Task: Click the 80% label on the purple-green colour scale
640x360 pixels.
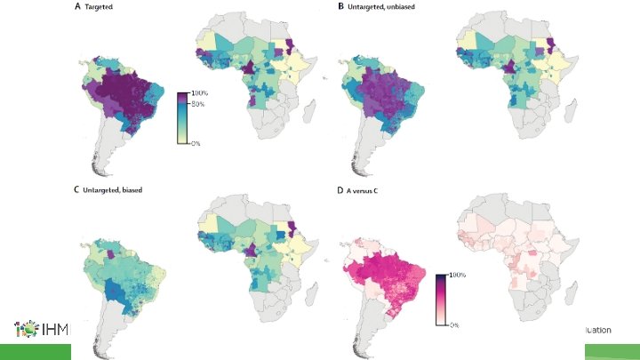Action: pyautogui.click(x=197, y=105)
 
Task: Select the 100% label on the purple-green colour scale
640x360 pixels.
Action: pyautogui.click(x=199, y=93)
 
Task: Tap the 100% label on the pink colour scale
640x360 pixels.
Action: pyautogui.click(x=456, y=276)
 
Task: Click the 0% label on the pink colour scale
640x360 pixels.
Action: pyautogui.click(x=452, y=325)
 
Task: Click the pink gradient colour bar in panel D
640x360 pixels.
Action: pyautogui.click(x=440, y=300)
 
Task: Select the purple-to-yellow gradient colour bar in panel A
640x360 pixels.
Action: pyautogui.click(x=182, y=117)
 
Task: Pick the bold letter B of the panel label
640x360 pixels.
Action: pyautogui.click(x=340, y=6)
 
